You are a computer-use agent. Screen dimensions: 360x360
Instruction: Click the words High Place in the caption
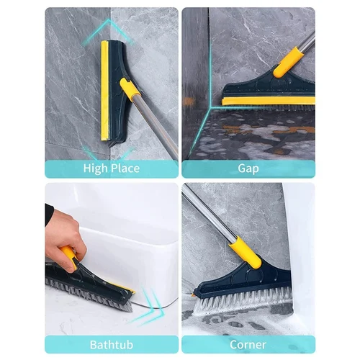click(x=111, y=169)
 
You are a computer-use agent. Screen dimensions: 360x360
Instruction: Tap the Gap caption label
click(x=248, y=169)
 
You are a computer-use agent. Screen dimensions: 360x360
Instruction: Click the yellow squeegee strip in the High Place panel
click(x=105, y=90)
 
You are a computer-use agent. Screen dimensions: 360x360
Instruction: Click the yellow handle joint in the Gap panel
click(x=287, y=62)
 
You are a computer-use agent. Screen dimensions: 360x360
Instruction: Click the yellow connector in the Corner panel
click(x=245, y=252)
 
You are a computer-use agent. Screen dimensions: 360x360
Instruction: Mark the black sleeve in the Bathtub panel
click(x=48, y=214)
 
